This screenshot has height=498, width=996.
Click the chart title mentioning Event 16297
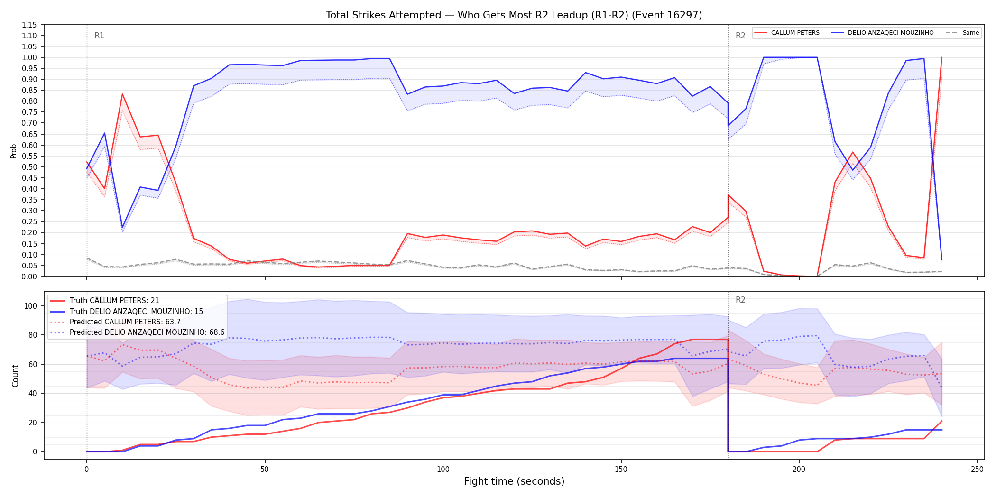[514, 15]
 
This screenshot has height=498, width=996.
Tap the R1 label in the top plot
[99, 36]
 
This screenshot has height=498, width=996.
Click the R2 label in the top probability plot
[740, 36]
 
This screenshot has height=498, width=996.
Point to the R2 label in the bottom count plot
[740, 300]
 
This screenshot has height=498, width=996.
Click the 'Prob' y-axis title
[14, 151]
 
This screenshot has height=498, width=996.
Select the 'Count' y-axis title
[15, 376]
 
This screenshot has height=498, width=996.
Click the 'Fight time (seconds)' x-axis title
[514, 481]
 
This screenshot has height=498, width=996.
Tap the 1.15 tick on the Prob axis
[30, 25]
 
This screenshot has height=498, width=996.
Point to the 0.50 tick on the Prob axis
[30, 167]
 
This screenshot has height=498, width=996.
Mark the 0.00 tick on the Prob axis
[30, 277]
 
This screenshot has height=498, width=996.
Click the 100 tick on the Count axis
[30, 306]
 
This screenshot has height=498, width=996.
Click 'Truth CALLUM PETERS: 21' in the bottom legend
[114, 301]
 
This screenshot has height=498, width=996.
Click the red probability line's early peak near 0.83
[122, 94]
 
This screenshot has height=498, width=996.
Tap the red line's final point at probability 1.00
[941, 57]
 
